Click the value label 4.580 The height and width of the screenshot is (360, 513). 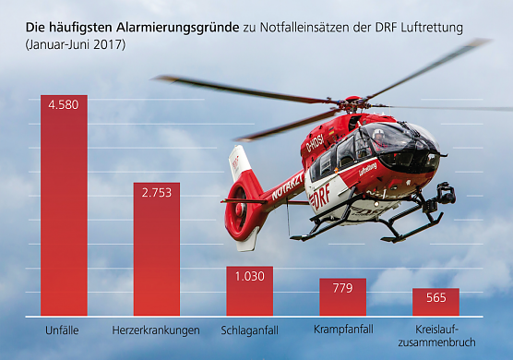tap(64, 104)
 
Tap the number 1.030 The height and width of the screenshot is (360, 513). tap(249, 275)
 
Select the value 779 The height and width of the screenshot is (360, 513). tap(343, 287)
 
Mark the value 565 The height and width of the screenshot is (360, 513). tap(435, 297)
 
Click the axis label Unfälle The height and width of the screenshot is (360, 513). tap(64, 330)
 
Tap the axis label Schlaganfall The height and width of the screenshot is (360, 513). tap(249, 330)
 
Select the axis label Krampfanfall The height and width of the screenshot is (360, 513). tap(342, 330)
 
